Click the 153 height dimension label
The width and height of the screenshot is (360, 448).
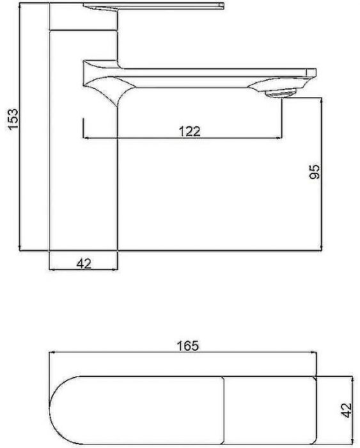point(13,118)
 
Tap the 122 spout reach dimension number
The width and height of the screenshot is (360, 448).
point(189,131)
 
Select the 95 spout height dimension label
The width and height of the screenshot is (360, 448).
point(315,172)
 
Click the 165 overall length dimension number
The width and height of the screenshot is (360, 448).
point(187,346)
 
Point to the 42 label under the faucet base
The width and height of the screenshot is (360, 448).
point(84,264)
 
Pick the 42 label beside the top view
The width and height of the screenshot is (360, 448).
point(347,410)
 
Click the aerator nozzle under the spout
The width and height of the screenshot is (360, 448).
point(281,93)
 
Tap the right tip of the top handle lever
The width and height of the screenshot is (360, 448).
point(223,5)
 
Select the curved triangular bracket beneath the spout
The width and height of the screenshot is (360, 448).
point(109,88)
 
